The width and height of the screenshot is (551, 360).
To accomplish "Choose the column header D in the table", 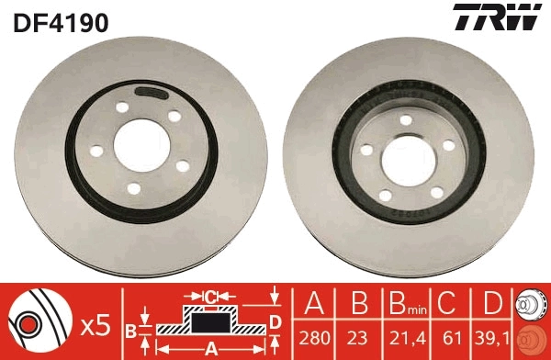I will pyautogui.click(x=491, y=305).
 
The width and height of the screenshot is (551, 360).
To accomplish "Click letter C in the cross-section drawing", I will pyautogui.click(x=210, y=297).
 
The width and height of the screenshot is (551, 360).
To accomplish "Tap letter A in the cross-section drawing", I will pyautogui.click(x=210, y=347).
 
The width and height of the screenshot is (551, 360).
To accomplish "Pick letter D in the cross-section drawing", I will pyautogui.click(x=274, y=321).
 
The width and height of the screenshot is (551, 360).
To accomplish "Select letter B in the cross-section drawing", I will pyautogui.click(x=130, y=331).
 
